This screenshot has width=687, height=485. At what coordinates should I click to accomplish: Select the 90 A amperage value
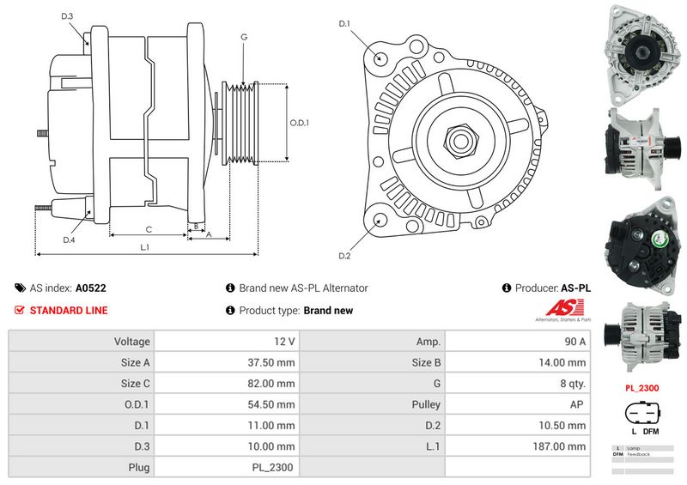[574, 341]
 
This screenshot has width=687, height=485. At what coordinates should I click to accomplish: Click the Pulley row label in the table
[426, 404]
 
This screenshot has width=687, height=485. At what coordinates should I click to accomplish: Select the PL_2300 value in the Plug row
[273, 468]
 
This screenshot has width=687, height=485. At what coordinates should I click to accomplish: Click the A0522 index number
[91, 289]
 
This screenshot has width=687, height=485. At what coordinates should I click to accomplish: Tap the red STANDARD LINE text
[69, 311]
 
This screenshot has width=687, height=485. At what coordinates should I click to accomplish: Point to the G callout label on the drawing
[244, 37]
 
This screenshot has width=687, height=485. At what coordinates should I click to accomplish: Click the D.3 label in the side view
[68, 16]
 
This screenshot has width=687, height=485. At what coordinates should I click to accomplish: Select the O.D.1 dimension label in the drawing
[299, 123]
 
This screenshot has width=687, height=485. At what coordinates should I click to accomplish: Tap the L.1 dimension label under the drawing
[145, 247]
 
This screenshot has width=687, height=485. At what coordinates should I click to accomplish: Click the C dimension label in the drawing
[149, 228]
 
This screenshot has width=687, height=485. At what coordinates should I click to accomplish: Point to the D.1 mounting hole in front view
[381, 58]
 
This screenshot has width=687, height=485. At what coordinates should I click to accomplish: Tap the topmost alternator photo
[641, 50]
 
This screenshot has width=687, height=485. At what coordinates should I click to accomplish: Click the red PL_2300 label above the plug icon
[641, 389]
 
